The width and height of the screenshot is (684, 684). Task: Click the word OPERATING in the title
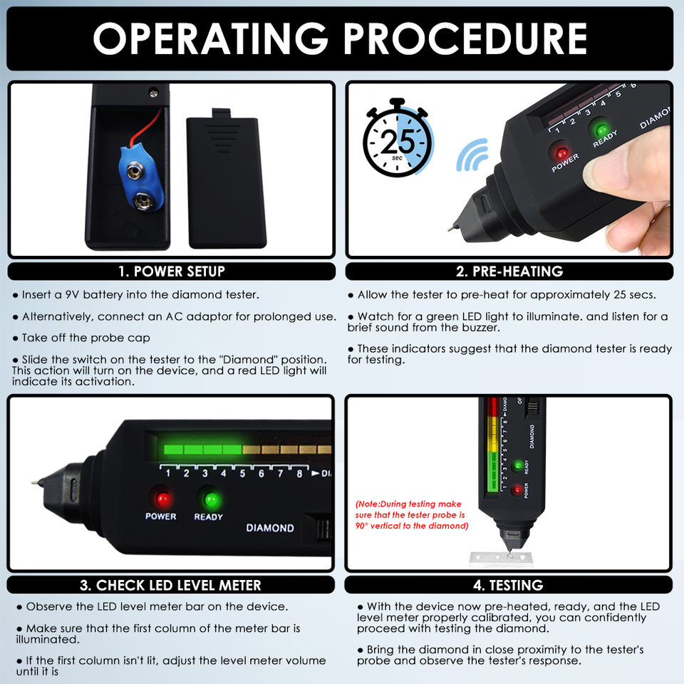tap(210, 38)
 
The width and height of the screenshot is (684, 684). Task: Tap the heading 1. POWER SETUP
tap(172, 271)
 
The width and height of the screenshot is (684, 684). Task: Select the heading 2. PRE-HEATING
tap(509, 271)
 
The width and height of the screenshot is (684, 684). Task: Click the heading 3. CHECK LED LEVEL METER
tap(170, 585)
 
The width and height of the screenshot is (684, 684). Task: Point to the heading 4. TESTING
tap(508, 585)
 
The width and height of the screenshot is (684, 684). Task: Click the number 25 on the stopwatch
tap(398, 141)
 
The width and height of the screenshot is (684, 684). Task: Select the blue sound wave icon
tap(472, 155)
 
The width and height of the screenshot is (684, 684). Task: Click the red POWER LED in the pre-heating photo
tap(561, 153)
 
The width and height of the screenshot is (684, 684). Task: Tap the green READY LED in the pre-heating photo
tap(602, 130)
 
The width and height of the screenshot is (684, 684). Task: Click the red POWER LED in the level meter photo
tap(162, 499)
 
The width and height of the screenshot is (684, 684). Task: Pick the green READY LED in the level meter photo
tap(212, 499)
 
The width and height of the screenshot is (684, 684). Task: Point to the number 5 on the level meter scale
tap(242, 473)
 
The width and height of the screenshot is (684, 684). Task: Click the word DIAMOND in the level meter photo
tap(270, 528)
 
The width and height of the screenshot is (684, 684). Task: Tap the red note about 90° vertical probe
tap(412, 514)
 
